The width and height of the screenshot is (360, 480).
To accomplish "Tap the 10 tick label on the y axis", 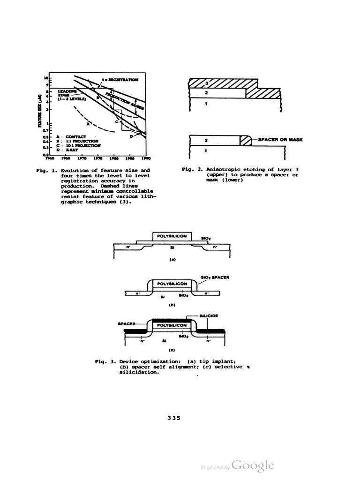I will click(46, 77).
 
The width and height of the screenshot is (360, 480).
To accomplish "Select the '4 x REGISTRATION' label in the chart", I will click(120, 80).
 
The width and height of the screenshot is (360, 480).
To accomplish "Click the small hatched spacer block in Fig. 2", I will click(245, 140).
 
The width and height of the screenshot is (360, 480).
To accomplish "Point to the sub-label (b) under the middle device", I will click(172, 304).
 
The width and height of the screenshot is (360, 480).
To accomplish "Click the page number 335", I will click(174, 418).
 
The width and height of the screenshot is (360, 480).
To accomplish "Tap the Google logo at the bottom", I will click(252, 465).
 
